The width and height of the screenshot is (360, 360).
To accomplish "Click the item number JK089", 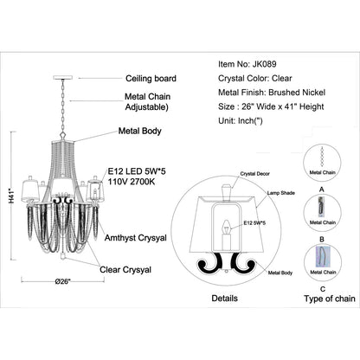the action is [264, 64].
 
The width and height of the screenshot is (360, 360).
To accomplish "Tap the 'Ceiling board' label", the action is [151, 79].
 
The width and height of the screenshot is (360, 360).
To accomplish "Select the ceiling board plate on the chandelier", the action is [62, 77].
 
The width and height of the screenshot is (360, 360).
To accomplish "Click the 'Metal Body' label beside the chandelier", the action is [139, 131].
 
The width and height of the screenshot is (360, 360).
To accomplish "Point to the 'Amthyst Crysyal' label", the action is [136, 238].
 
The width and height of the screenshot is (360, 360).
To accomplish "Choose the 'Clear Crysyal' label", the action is [125, 270].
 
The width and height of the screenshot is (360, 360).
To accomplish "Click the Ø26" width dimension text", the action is [62, 281].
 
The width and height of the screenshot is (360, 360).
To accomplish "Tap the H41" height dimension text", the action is [12, 196].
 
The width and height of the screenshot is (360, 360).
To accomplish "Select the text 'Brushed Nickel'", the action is [297, 93].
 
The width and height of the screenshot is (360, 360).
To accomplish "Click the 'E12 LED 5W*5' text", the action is [137, 171].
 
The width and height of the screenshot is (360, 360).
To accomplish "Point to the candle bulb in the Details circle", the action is [227, 227].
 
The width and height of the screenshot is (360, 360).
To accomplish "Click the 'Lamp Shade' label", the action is [281, 193].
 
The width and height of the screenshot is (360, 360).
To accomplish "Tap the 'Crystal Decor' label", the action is [255, 174].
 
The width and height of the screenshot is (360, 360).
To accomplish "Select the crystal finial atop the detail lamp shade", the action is [227, 190].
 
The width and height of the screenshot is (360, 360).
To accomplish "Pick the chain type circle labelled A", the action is [322, 163].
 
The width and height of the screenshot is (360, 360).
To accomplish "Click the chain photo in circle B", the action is [321, 207].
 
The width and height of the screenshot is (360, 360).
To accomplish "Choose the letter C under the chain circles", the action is [323, 289].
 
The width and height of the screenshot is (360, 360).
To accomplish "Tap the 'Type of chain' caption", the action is [330, 299].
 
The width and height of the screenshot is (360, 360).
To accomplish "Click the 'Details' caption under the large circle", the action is [225, 299].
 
